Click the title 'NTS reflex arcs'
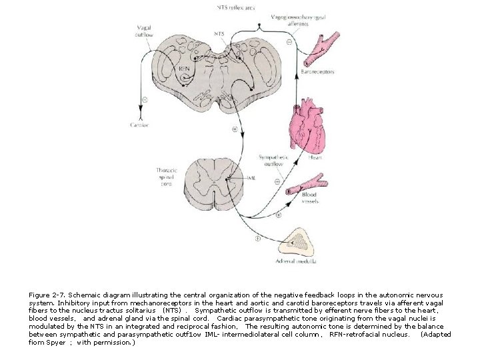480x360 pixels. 235,7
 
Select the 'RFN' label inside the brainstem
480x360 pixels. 184,67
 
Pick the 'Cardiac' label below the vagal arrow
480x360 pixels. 140,124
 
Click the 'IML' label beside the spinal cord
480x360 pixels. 251,178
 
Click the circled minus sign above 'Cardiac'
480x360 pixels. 145,101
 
